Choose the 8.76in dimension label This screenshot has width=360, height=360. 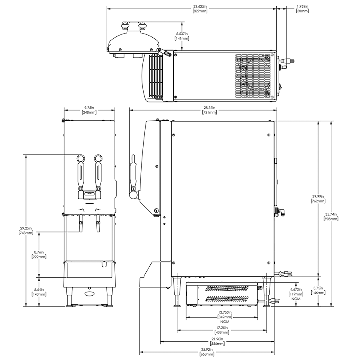[x=39, y=254]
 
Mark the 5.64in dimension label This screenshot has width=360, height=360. [x=39, y=292]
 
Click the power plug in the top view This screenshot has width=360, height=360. [x=288, y=61]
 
